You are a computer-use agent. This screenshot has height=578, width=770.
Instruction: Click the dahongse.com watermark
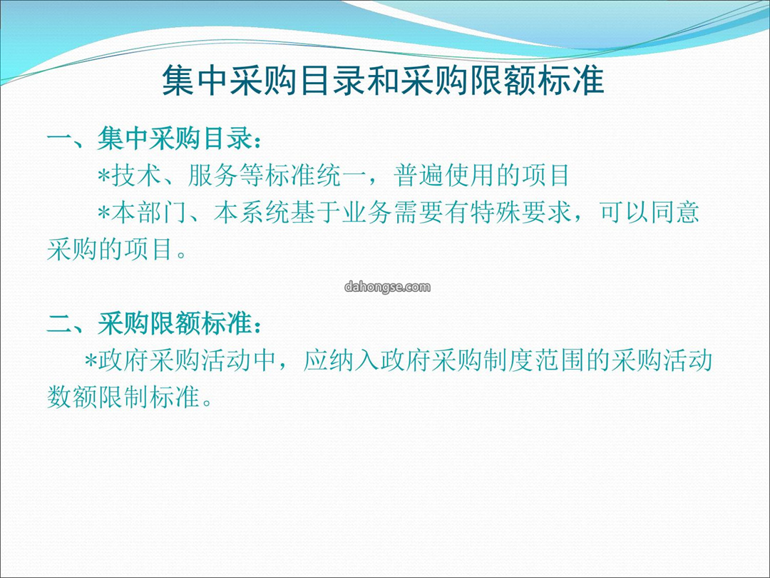pos(387,287)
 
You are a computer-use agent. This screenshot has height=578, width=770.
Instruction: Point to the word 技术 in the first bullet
pos(136,176)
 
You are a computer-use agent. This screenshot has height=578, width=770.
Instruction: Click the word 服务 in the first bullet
pos(214,176)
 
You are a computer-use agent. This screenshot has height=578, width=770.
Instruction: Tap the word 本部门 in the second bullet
pos(150,213)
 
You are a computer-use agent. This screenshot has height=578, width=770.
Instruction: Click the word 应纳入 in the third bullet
pos(342,361)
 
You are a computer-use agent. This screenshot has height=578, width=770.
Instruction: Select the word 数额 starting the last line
pos(73,397)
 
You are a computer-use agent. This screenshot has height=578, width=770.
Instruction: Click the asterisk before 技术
pos(104,176)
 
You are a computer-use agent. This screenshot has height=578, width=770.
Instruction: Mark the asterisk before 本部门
pos(104,213)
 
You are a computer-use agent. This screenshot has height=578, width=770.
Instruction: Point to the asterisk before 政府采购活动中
pos(91,361)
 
